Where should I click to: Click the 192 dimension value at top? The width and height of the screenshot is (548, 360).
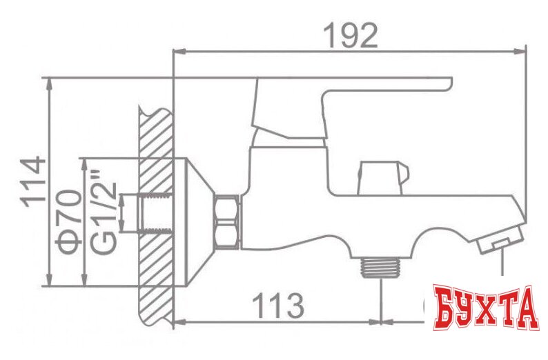[351, 34]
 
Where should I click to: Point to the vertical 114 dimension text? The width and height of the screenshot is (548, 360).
[32, 183]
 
